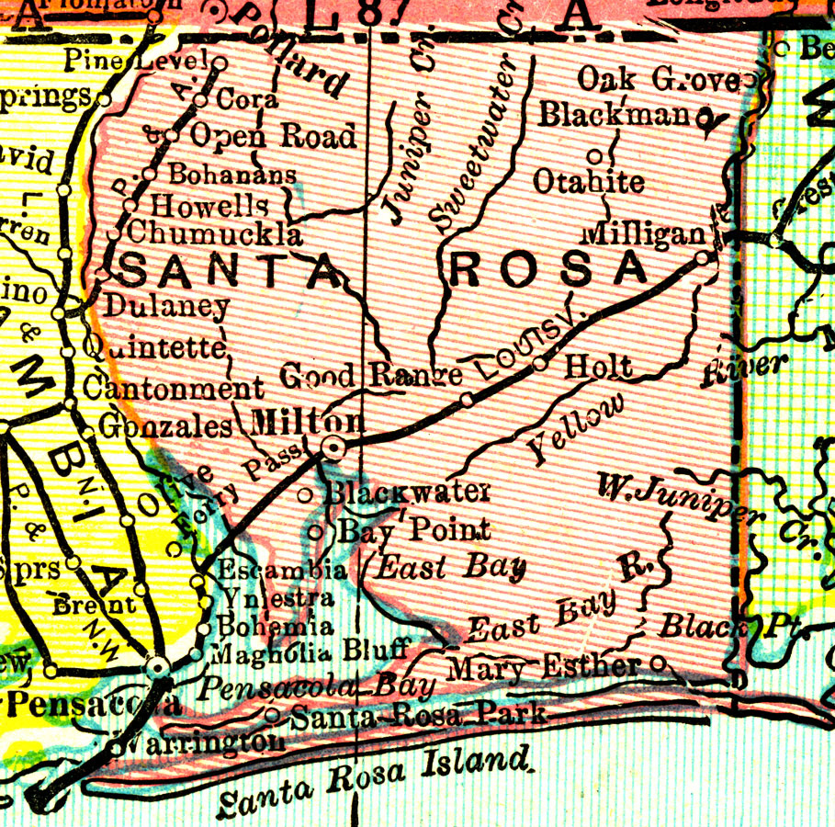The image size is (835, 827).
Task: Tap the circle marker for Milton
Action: [x=334, y=448]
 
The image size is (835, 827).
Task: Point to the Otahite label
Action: [x=589, y=181]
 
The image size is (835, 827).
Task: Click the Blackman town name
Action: [x=614, y=115]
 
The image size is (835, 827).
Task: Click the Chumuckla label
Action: [x=215, y=233]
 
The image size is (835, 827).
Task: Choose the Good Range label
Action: [x=370, y=375]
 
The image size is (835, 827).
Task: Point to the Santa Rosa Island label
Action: [x=375, y=781]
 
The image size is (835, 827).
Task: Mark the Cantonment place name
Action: [x=174, y=388]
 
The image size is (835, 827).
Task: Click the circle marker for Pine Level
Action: [x=220, y=62]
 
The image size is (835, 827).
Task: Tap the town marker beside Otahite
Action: [x=593, y=154]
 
